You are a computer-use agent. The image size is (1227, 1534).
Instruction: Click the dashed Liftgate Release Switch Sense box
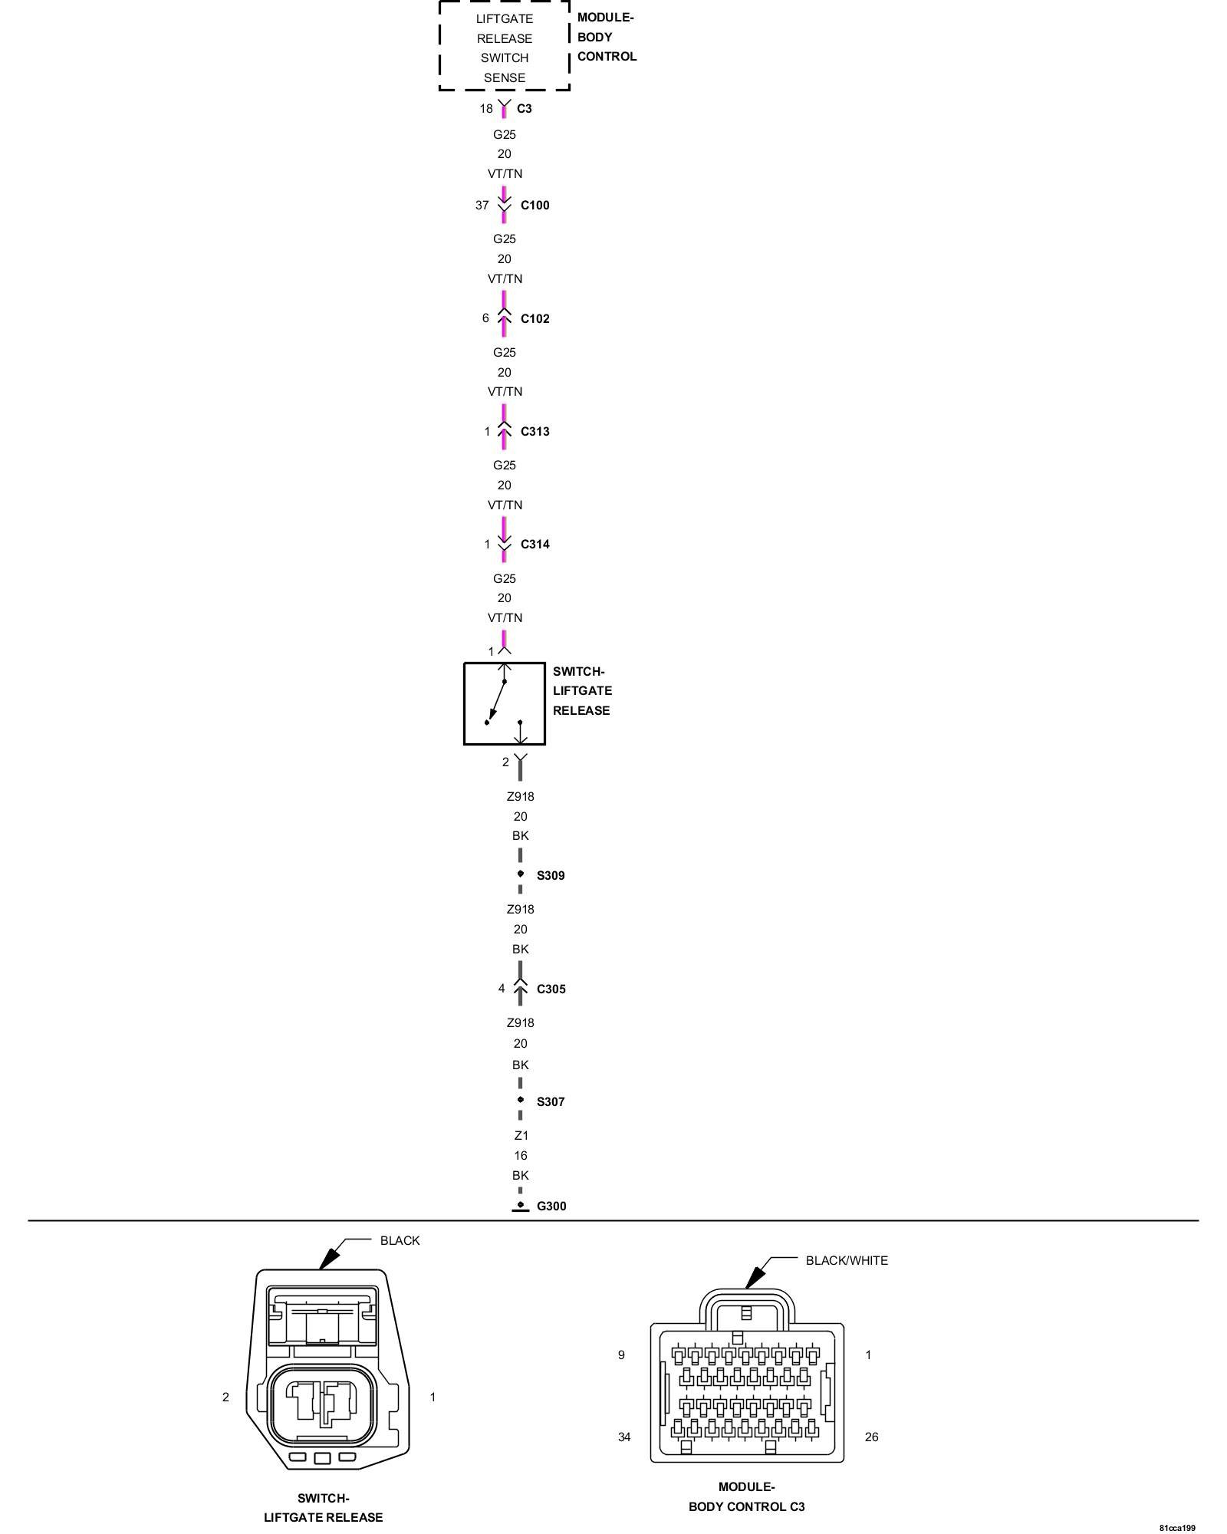pos(504,47)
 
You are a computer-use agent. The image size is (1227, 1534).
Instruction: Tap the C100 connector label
pos(535,206)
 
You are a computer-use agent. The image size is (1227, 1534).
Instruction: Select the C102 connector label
pos(535,319)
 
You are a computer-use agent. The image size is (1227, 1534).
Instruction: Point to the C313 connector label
pos(535,432)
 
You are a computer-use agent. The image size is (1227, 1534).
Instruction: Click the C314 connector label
pos(535,545)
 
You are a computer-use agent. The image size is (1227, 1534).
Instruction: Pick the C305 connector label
pos(551,989)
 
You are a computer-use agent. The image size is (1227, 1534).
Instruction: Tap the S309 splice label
pos(550,876)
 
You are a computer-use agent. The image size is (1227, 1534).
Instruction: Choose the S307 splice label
pos(550,1102)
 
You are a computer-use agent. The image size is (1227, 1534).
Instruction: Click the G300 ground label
pos(551,1206)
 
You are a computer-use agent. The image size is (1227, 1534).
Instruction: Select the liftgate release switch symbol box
pos(504,704)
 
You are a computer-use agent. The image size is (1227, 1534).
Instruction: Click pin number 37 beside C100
pos(482,206)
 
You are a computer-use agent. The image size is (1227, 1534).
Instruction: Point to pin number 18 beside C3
pos(486,109)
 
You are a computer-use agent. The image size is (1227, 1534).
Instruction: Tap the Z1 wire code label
pos(521,1136)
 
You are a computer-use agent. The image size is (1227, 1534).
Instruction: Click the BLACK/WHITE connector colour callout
pos(846,1261)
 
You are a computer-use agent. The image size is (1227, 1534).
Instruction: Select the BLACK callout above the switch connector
pos(400,1241)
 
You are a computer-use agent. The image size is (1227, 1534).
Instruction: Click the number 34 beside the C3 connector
pos(624,1437)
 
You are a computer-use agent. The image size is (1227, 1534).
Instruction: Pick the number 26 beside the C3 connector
pos(871,1437)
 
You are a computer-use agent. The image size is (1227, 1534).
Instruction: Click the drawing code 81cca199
pos(1177,1528)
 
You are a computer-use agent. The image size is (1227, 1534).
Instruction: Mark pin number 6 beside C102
pos(485,318)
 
